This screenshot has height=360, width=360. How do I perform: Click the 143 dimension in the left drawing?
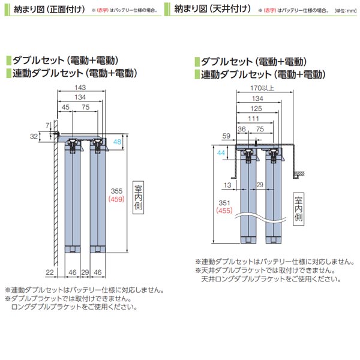[x=80, y=88]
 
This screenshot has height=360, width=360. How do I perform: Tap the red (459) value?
[x=116, y=199]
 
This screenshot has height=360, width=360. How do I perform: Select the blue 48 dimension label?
[x=118, y=142]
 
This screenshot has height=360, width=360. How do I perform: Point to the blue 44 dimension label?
[x=221, y=152]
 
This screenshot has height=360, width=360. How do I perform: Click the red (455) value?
[x=224, y=211]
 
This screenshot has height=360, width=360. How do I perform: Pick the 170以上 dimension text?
[x=262, y=88]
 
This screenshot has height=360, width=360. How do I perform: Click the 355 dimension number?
[x=116, y=191]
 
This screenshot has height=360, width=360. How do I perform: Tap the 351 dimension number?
[x=224, y=203]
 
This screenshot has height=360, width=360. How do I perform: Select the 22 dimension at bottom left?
[x=50, y=272]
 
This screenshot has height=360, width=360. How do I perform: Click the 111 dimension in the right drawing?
[x=253, y=118]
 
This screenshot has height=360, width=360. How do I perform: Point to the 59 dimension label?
[x=226, y=136]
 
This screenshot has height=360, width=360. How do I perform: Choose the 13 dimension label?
[x=227, y=185]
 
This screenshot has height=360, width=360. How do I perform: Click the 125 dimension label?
[x=256, y=109]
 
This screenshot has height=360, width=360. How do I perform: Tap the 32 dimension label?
[x=34, y=136]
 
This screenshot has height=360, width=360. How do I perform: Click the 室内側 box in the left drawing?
[x=138, y=197]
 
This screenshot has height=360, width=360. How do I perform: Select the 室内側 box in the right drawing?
[x=298, y=209]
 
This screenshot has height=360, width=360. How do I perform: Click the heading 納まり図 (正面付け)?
[x=49, y=10]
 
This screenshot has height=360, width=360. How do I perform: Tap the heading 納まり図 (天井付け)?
[x=212, y=9]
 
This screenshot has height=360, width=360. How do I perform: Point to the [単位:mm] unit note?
[x=346, y=11]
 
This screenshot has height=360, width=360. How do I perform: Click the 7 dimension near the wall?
[x=47, y=125]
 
